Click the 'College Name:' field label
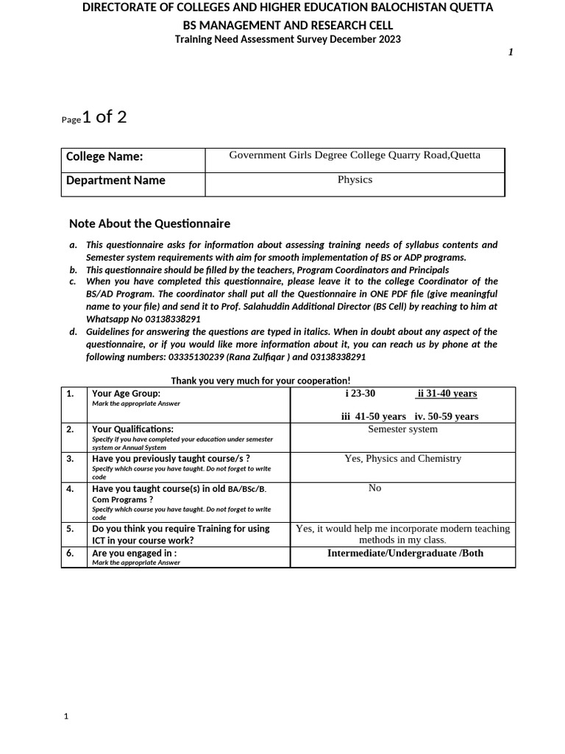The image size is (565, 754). point(104,157)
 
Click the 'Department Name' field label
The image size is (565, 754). point(116,180)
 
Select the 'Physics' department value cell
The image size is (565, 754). point(355,180)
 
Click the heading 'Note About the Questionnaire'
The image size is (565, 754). point(149,224)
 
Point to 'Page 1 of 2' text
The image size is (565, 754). point(93,118)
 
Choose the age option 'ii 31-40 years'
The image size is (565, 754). point(446,394)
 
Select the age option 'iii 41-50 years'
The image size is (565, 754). point(373,416)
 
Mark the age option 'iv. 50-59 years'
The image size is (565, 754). point(447,416)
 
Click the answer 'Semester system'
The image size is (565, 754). point(402,429)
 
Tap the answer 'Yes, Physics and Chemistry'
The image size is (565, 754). point(402,459)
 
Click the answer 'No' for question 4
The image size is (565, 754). point(374,488)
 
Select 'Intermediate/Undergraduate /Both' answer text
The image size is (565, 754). point(405,553)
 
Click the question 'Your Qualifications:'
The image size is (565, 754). point(132,429)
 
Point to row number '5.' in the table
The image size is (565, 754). point(71,529)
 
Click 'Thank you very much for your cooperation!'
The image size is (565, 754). point(260,381)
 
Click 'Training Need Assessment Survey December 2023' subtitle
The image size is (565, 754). point(288,40)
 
